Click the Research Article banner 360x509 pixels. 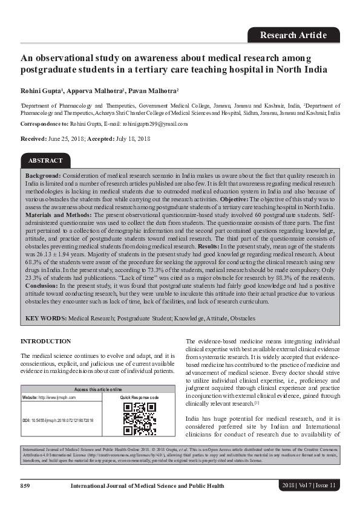coord(293,35)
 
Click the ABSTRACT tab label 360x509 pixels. coord(45,160)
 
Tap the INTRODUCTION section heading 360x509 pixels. coord(46,342)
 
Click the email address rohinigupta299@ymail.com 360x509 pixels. coord(154,123)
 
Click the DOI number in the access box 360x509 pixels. coord(67,420)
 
